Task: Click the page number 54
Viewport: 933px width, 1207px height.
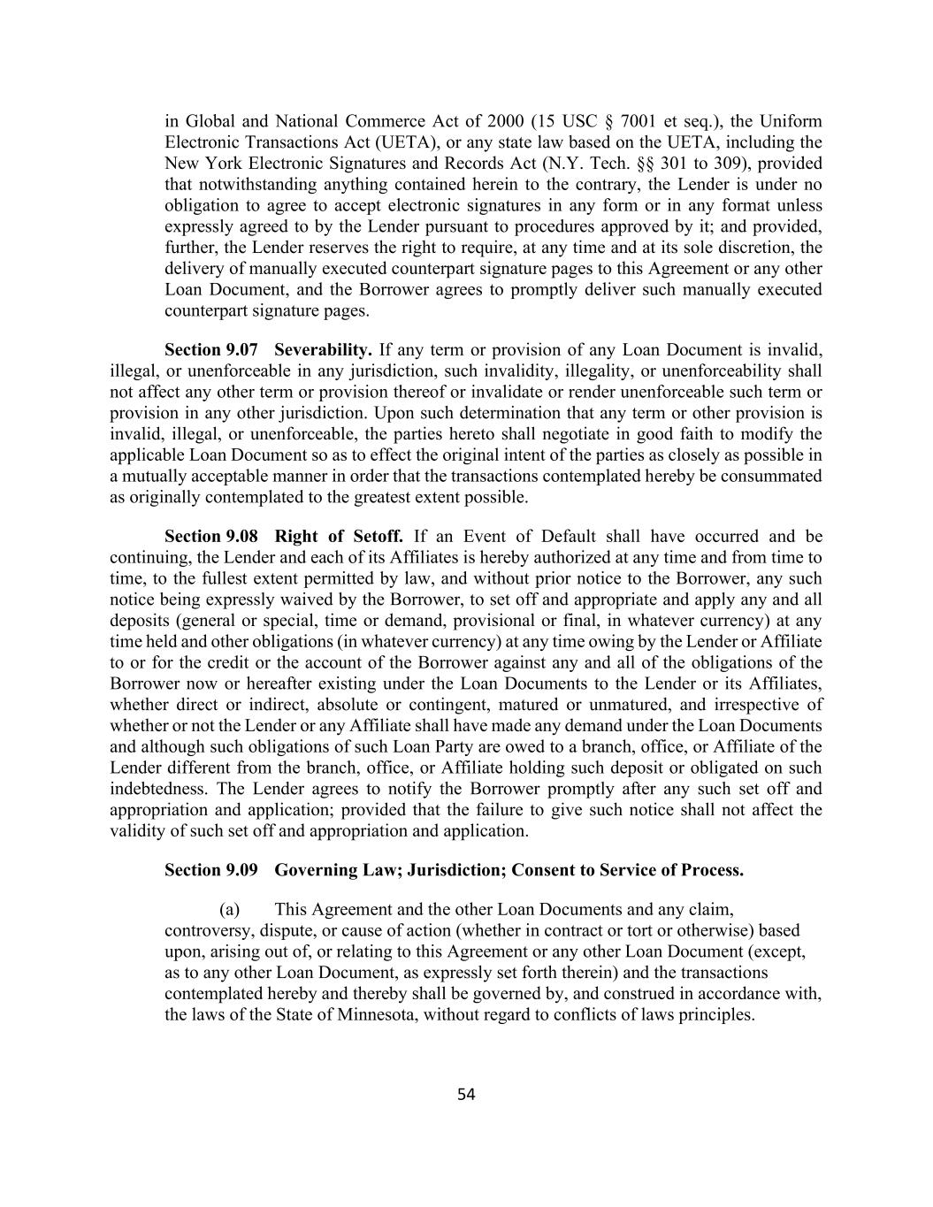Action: click(466, 1095)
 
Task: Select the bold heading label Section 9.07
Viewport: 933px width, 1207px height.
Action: click(211, 349)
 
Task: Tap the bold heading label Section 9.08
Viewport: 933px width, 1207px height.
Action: click(211, 537)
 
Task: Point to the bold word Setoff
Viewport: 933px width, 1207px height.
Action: click(379, 537)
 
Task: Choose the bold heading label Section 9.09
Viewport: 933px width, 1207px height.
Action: click(211, 870)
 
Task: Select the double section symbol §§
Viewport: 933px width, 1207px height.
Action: click(640, 164)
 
